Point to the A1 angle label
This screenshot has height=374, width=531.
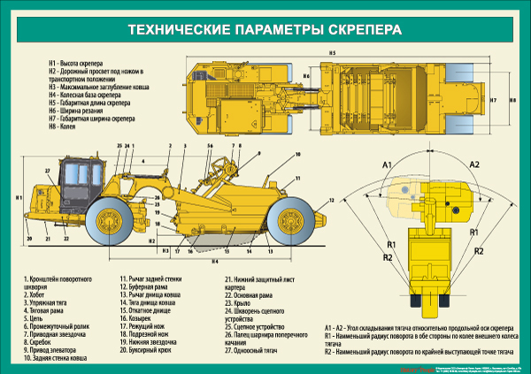click(x=387, y=166)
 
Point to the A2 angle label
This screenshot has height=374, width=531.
click(x=473, y=165)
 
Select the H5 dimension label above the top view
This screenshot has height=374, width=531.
click(x=332, y=55)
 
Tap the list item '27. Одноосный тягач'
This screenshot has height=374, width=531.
click(x=251, y=350)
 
